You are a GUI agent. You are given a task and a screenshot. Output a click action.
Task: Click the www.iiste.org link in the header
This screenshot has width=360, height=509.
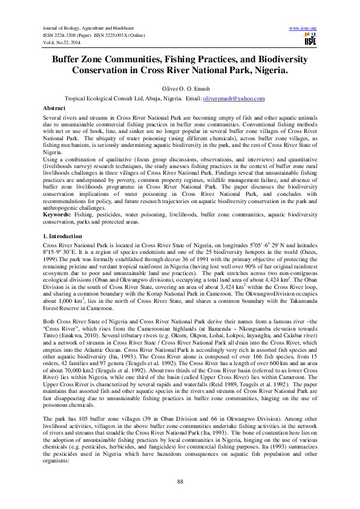303,28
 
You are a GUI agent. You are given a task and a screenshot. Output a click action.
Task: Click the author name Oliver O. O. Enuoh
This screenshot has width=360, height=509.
180,88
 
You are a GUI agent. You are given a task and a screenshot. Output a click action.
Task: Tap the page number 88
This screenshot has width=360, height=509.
180,481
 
